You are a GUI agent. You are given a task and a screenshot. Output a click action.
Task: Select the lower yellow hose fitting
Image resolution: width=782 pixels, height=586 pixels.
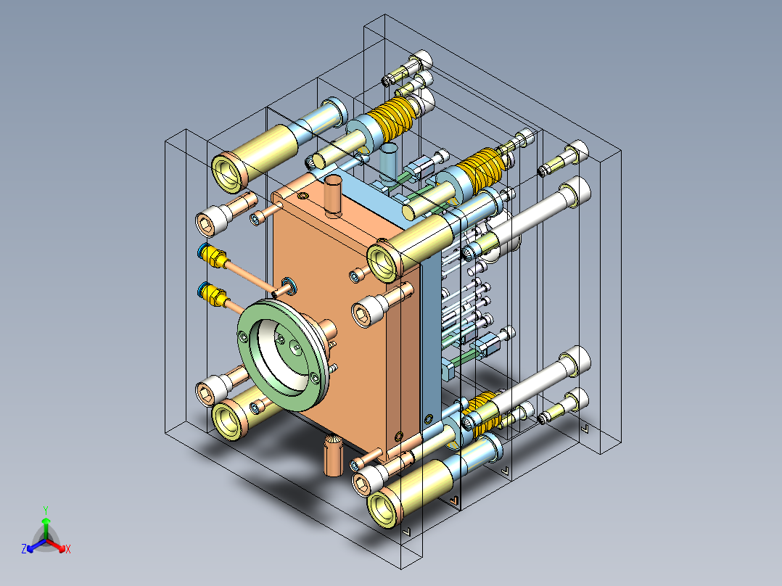pyautogui.click(x=211, y=294)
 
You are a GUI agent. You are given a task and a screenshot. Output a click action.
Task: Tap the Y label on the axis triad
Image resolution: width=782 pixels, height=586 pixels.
pyautogui.click(x=45, y=509)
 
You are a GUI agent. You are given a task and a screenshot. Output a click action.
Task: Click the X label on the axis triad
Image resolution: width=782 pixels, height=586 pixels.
pyautogui.click(x=67, y=549)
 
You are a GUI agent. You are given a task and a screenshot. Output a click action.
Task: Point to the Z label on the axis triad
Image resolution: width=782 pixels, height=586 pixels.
pyautogui.click(x=24, y=549)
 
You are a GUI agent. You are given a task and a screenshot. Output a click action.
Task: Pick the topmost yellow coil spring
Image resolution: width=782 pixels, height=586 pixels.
pyautogui.click(x=396, y=118)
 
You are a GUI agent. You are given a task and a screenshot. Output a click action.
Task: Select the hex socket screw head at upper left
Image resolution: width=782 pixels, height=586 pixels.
pyautogui.click(x=210, y=221)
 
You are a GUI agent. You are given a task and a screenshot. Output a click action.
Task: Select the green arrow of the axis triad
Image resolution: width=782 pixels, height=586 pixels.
pyautogui.click(x=46, y=526)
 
